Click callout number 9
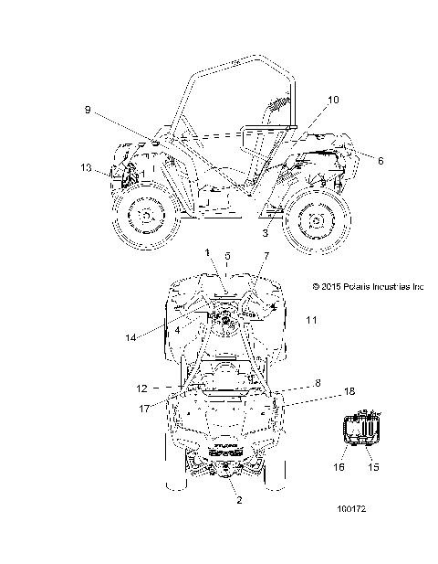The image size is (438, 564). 88,110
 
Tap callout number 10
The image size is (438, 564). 334,100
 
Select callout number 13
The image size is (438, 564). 86,167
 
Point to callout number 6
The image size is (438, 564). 381,160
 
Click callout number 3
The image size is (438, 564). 265,233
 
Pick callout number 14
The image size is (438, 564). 130,337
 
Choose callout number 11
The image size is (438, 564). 311,320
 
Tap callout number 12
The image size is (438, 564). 142,388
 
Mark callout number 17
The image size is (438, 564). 144,409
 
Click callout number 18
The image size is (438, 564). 349,391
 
